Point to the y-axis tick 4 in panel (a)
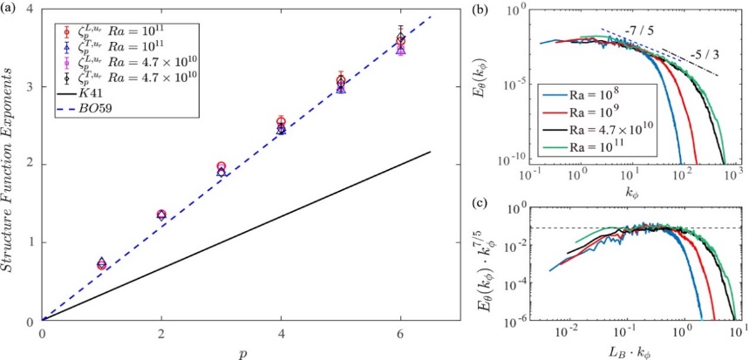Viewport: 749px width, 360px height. click(31, 10)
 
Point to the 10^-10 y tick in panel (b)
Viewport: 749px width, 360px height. click(541, 162)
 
